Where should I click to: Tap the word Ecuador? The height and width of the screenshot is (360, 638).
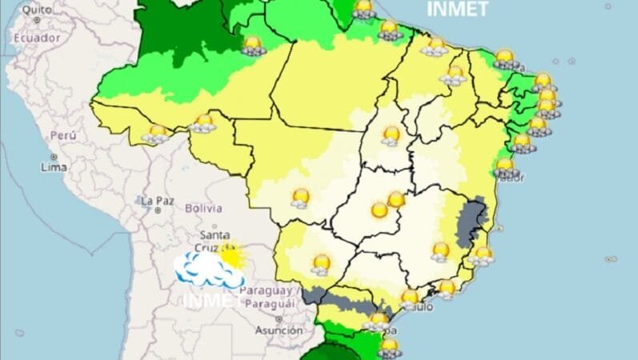[x=37, y=38]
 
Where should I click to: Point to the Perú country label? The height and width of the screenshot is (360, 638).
[x=63, y=136]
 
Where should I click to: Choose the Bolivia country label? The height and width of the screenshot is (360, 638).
[x=203, y=208]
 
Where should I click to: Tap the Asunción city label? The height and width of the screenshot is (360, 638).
[x=279, y=330]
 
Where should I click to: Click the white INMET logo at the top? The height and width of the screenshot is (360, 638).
[x=457, y=9]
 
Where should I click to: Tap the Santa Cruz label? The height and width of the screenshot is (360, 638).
[x=215, y=240]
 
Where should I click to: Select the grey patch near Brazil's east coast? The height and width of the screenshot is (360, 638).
[x=471, y=220]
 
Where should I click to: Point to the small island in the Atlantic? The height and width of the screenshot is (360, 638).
[x=611, y=259]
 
